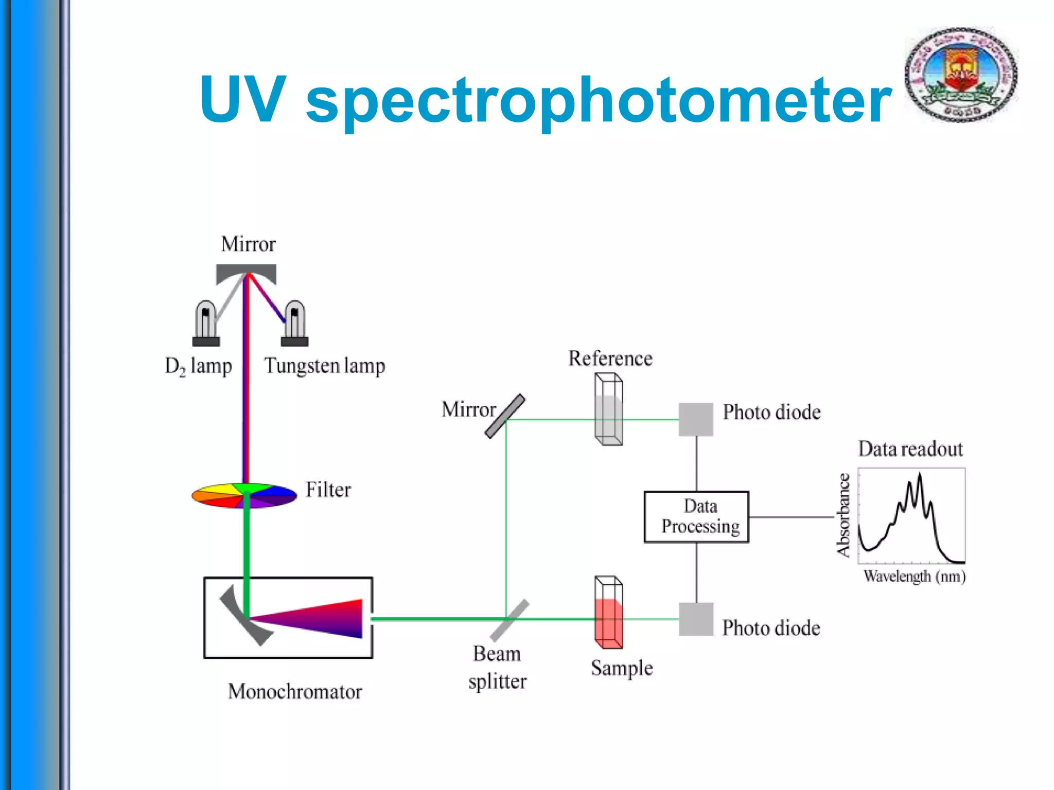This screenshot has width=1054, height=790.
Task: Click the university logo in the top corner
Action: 961,75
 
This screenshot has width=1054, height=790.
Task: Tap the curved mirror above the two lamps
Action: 246,273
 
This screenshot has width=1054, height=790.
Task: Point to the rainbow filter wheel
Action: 244,495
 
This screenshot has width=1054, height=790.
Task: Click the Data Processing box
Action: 696,516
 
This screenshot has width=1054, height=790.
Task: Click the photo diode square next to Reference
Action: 696,419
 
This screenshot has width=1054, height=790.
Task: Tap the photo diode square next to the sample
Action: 696,619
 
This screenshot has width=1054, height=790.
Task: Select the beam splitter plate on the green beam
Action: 510,620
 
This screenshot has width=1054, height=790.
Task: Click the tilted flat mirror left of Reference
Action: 505,416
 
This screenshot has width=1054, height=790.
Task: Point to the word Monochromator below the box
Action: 295,691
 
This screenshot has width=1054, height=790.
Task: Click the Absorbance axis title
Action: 842,515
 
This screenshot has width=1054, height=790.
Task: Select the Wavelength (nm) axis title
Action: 915,576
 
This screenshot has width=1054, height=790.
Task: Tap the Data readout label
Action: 910,449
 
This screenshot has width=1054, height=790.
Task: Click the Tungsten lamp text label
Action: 325,366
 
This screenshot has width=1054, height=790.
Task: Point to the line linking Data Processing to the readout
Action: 791,517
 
